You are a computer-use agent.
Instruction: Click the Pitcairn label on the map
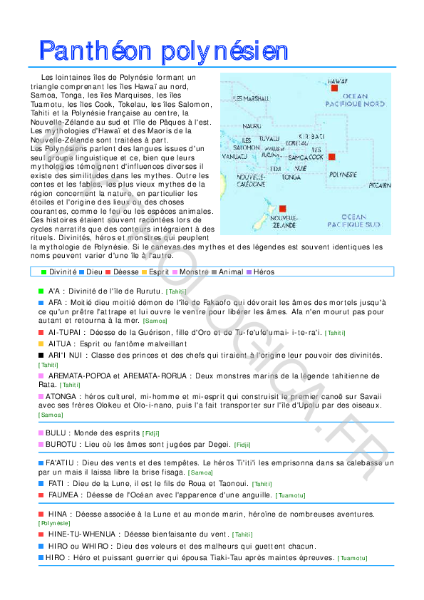[x=380, y=185]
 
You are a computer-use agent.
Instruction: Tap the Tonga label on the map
[x=291, y=177]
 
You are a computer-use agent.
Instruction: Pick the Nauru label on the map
[x=252, y=126]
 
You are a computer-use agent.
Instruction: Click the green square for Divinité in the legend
[x=44, y=272]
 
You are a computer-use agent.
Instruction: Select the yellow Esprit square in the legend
[x=144, y=272]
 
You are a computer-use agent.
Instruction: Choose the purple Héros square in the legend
[x=249, y=272]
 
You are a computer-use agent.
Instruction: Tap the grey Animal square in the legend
[x=214, y=272]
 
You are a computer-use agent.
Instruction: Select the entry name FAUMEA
[x=63, y=494]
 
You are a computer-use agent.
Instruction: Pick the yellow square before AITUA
[x=41, y=343]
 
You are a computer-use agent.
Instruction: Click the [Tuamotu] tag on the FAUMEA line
[x=290, y=495]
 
